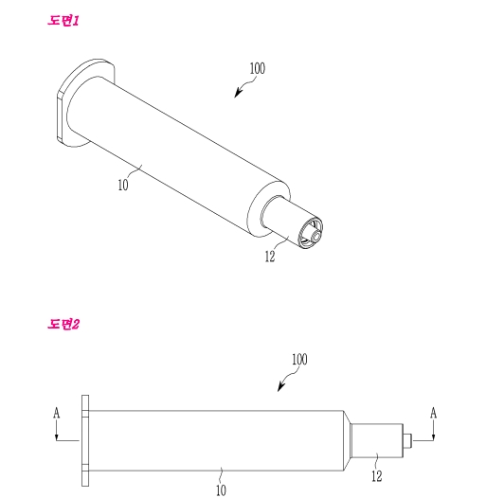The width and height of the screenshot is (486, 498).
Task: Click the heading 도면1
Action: pos(63,21)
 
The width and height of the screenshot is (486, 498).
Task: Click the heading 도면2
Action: pos(63,324)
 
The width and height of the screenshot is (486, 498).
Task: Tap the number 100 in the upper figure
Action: pos(257,68)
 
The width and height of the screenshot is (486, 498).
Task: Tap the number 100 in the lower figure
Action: pos(299,359)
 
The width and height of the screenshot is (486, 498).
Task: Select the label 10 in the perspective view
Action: pos(123,185)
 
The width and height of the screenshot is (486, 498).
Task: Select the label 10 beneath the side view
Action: pos(221,490)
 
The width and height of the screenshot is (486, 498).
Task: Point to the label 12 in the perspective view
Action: pos(270,257)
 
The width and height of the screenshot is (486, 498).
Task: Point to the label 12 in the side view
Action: pos(377,476)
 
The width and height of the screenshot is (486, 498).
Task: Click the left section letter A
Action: pos(57,413)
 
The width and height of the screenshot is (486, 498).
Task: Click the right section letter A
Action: pos(433,413)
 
